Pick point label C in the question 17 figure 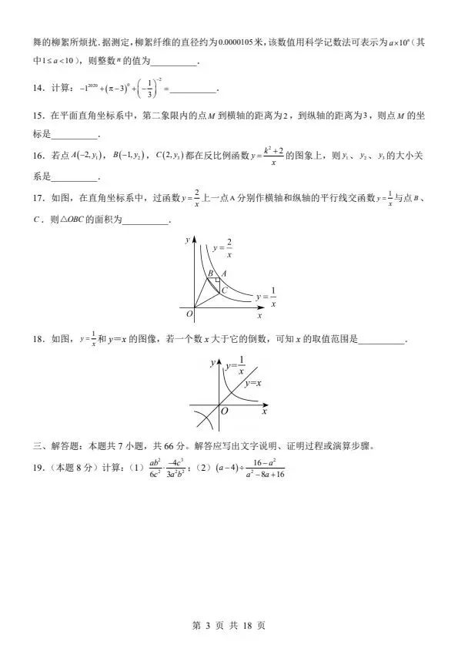click(223, 290)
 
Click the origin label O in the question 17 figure click(189, 314)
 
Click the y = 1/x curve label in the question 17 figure click(266, 297)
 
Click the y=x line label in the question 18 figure click(252, 383)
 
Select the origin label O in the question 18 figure click(224, 412)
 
